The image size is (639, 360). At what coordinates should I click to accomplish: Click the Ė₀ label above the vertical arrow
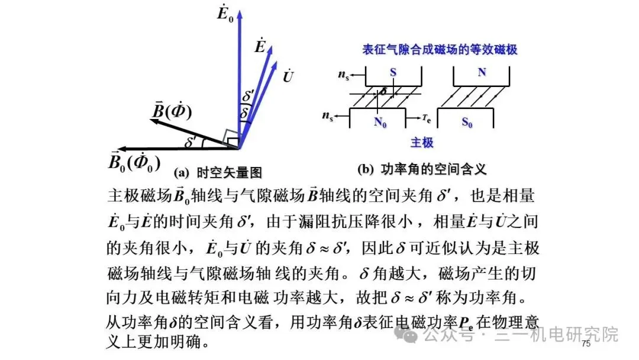[225, 13]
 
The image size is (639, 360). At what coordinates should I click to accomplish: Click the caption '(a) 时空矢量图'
[218, 173]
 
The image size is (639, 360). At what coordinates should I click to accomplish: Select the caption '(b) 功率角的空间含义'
[422, 170]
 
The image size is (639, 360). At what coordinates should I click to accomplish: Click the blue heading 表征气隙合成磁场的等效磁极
[440, 50]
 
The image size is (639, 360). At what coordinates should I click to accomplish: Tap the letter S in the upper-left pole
[393, 72]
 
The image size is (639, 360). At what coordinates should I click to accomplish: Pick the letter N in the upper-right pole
[482, 72]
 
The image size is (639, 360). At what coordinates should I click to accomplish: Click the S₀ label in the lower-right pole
[467, 123]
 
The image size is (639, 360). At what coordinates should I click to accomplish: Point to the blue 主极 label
[422, 143]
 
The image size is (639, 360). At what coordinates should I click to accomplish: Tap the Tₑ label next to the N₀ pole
[427, 118]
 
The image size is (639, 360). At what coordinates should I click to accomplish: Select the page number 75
[586, 344]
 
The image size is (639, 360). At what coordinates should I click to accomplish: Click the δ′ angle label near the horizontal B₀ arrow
[191, 142]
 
